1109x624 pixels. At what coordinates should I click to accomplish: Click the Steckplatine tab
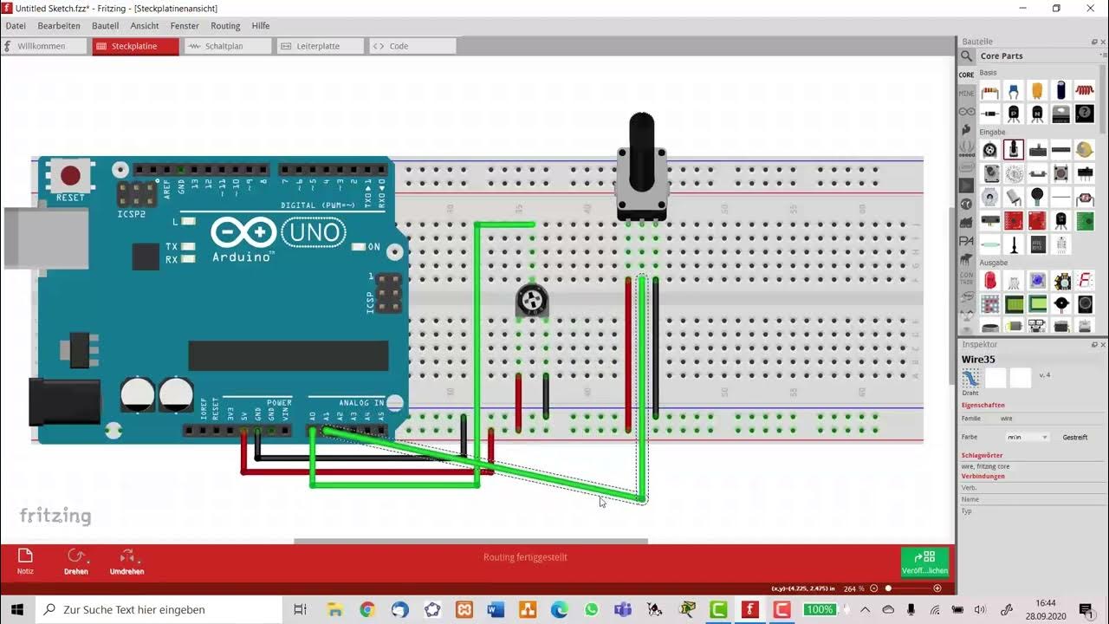coord(134,46)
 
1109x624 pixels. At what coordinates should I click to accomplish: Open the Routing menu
coord(225,26)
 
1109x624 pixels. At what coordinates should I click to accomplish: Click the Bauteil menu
coord(105,26)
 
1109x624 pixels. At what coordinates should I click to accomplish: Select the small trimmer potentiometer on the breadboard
coord(532,301)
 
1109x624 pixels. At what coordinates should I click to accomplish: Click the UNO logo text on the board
coord(314,232)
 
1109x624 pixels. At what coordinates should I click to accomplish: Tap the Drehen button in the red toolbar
coord(76,561)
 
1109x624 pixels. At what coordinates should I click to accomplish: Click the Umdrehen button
coord(126,561)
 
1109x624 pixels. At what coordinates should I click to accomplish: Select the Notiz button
coord(25,561)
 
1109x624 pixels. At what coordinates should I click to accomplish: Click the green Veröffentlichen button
coord(924,562)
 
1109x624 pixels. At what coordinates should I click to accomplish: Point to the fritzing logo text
coord(55,517)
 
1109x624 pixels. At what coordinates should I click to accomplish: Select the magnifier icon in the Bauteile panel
coord(967,56)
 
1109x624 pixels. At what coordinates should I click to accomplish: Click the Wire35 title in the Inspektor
coord(978,360)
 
